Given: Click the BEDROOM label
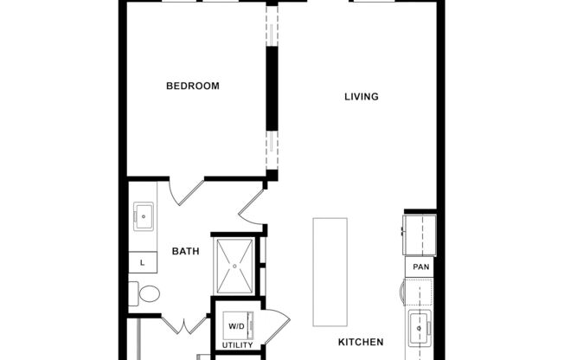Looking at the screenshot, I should [192, 86].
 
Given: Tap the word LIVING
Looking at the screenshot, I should [362, 96].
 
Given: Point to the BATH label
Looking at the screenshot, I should [185, 252].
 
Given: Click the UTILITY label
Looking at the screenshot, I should [237, 345].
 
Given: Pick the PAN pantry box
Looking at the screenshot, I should [420, 267].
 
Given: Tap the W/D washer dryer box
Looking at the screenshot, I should [236, 325].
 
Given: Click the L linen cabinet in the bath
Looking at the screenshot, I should [142, 260].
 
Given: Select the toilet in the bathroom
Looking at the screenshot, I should [146, 293].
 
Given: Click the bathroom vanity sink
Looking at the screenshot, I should [143, 216].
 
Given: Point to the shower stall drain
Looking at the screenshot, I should [234, 265].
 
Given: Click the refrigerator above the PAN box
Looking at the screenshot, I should [420, 234].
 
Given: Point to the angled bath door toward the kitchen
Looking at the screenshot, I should [251, 209].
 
